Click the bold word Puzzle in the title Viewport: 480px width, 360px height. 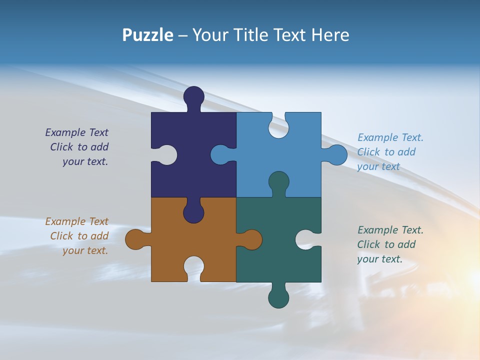pyautogui.click(x=147, y=35)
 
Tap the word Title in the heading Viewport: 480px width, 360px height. pyautogui.click(x=250, y=35)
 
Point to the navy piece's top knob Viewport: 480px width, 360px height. pyautogui.click(x=193, y=97)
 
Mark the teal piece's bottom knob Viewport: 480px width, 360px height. pyautogui.click(x=278, y=298)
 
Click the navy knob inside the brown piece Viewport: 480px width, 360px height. pyautogui.click(x=193, y=213)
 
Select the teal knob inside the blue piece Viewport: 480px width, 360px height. pyautogui.click(x=278, y=181)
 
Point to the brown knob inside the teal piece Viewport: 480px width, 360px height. pyautogui.click(x=251, y=239)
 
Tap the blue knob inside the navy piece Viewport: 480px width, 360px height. pyautogui.click(x=220, y=155)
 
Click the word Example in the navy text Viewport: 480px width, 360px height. pyautogui.click(x=65, y=132)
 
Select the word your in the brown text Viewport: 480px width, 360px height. pyautogui.click(x=72, y=250)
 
